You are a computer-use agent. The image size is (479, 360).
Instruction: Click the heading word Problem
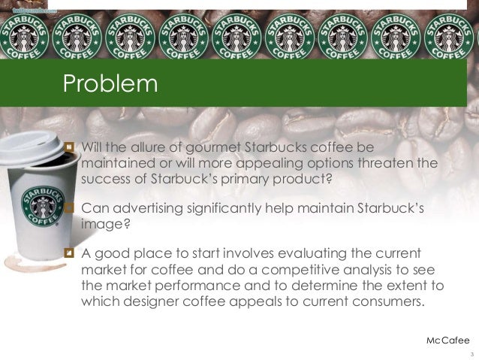[x=110, y=83]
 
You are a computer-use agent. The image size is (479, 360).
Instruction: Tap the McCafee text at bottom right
[x=447, y=340]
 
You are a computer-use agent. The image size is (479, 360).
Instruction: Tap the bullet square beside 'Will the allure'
[x=71, y=146]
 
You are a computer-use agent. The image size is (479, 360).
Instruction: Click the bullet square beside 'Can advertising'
[x=71, y=207]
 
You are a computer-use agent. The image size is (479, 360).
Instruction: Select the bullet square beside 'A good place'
[x=71, y=253]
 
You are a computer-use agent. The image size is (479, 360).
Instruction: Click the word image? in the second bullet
[x=101, y=223]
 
